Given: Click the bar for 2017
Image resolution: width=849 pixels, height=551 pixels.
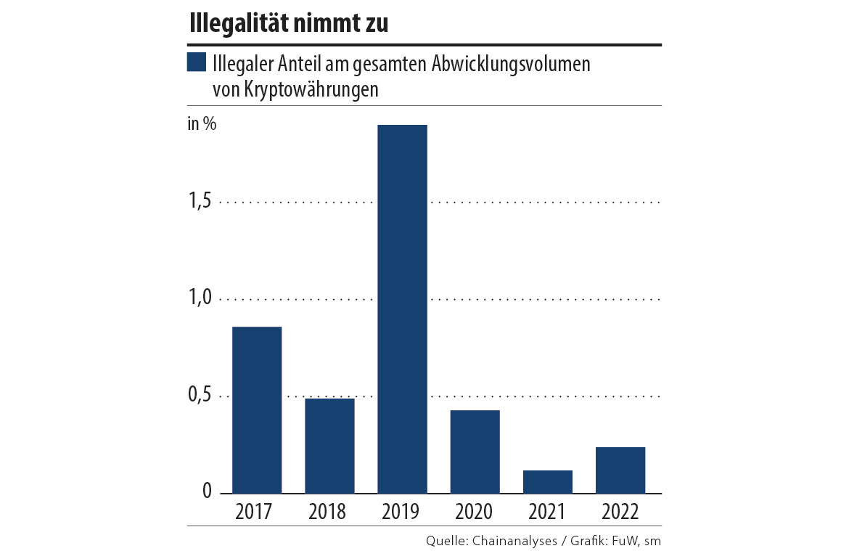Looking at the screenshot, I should (257, 410).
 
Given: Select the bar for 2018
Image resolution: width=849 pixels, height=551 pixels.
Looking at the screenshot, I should (329, 446).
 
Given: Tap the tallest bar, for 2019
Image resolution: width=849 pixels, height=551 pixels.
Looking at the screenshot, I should (402, 309).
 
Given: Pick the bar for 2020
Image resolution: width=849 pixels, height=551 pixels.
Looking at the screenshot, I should (475, 452).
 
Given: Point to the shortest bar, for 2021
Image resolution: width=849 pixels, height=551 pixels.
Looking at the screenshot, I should (547, 482).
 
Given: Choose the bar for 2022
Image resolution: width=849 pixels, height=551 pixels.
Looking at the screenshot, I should (620, 470).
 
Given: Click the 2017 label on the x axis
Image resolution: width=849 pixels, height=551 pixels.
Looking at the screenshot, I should (254, 512).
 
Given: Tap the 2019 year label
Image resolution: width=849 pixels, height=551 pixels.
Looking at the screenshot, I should (400, 512).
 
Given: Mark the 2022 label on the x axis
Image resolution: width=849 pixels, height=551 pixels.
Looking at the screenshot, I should (620, 512).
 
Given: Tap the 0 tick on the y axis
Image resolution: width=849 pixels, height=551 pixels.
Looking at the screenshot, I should (206, 493).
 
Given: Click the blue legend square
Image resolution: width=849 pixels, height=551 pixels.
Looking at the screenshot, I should (196, 63).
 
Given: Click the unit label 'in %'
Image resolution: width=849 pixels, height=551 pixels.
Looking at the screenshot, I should (202, 123).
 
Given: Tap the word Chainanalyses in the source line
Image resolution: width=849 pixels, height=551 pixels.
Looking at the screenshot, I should (515, 540).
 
